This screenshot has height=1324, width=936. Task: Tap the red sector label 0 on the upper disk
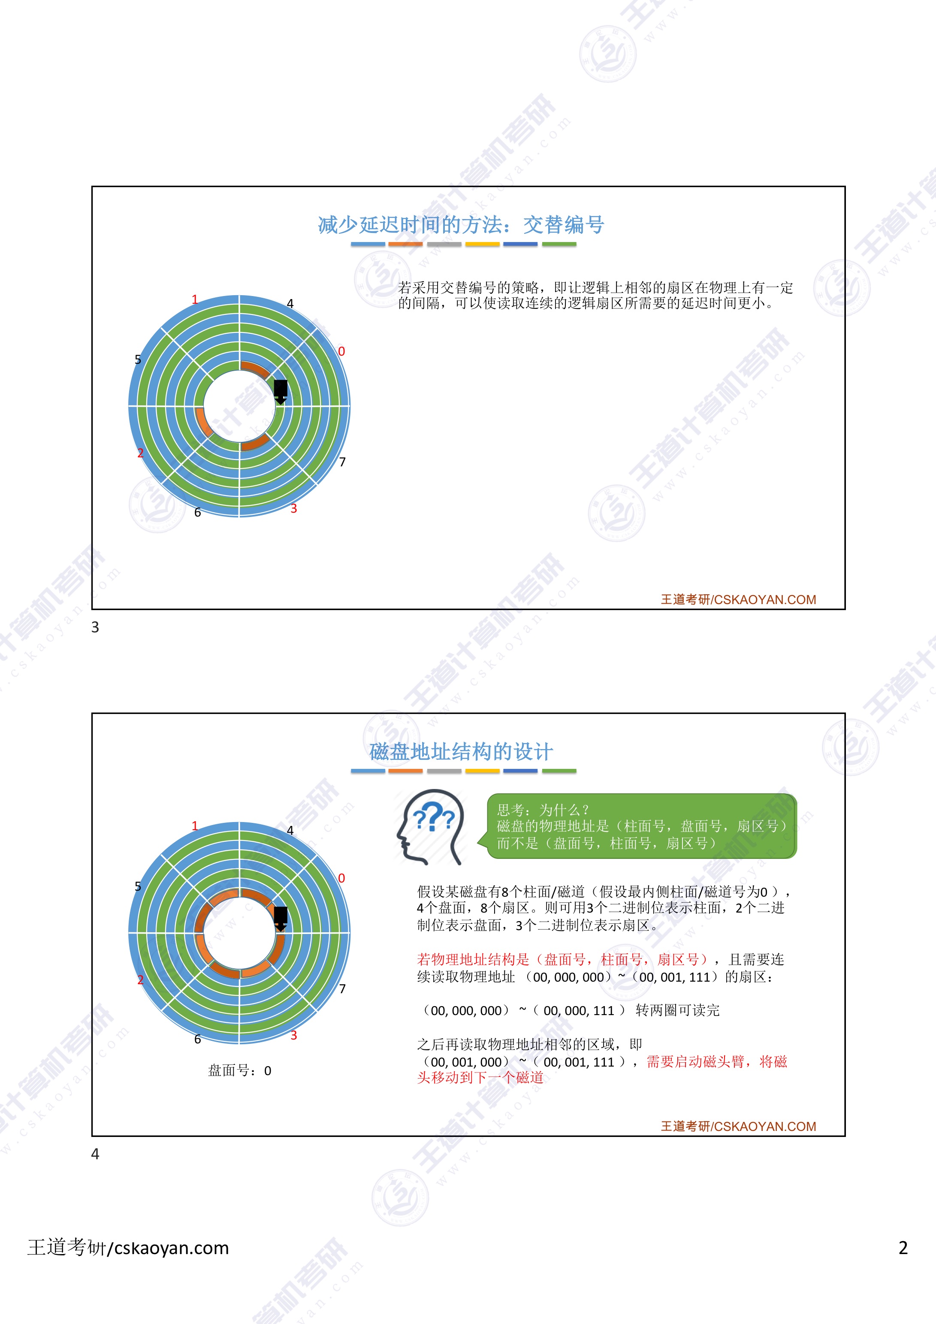[341, 351]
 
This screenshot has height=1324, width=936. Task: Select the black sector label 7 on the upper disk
[343, 462]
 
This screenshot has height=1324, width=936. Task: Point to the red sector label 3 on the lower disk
[293, 1035]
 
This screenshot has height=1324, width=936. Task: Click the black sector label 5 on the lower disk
[138, 886]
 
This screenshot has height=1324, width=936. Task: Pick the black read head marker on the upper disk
[280, 390]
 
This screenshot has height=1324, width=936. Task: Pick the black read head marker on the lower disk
[280, 917]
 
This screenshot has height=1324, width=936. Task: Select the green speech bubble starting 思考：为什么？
[641, 826]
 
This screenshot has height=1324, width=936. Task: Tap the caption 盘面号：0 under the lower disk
[239, 1071]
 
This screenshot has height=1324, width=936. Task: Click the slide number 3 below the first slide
[95, 627]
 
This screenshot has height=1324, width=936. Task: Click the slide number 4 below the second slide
[95, 1154]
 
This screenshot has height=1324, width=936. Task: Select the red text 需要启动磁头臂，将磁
[716, 1061]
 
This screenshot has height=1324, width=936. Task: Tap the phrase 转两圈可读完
[678, 1010]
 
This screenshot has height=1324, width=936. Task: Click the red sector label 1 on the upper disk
[195, 299]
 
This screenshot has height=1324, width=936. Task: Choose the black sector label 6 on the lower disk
[197, 1039]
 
